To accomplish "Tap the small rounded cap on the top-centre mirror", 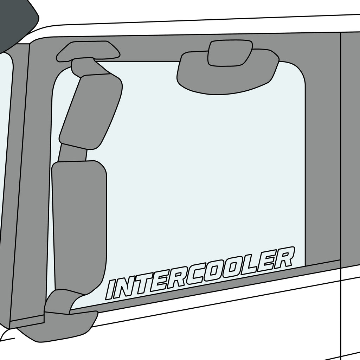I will point(230,53).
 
